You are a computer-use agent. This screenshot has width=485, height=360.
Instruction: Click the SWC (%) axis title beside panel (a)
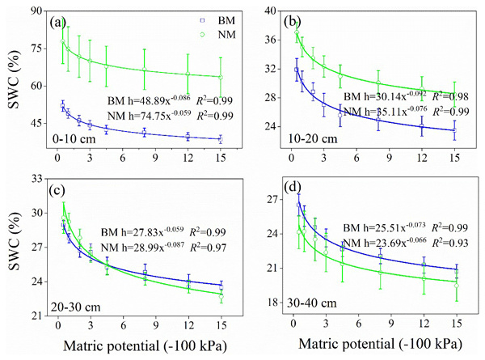pyautogui.click(x=13, y=81)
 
